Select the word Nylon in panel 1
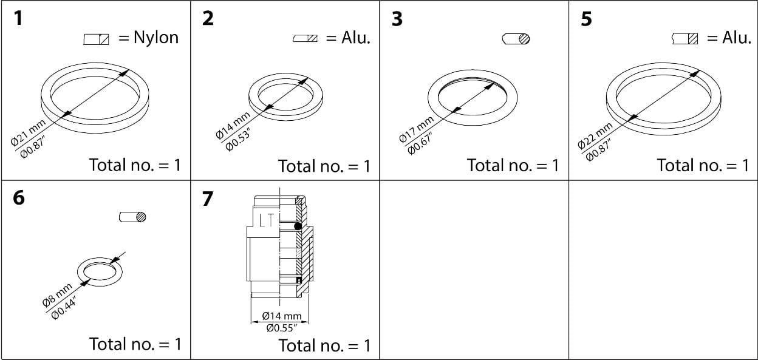coord(156,38)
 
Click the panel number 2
coord(208,19)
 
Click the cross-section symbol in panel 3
coord(516,39)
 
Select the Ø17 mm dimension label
coord(415,129)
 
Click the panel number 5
coord(586,19)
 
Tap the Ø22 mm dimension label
coord(595,135)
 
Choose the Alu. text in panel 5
coord(737,38)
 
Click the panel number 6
coord(19,198)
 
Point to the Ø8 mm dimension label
coord(57,294)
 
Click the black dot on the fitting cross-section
coord(298,226)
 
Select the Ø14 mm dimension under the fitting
coord(282,316)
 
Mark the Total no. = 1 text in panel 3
coord(512,165)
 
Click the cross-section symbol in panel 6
coord(133,217)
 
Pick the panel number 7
coord(208,199)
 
